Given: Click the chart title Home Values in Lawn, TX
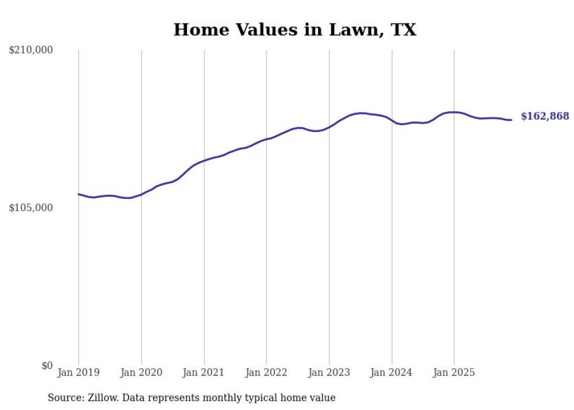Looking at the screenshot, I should click(x=295, y=30).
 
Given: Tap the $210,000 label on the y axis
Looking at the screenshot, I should click(x=31, y=50).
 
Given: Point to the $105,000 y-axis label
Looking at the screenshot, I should click(x=31, y=208).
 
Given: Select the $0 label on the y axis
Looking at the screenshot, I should click(x=47, y=366).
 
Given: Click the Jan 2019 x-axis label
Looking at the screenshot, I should click(x=78, y=372).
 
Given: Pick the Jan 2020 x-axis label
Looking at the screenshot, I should click(x=141, y=372).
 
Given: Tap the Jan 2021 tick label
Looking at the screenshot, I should click(x=204, y=372).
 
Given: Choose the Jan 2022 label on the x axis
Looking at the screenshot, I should click(x=266, y=372).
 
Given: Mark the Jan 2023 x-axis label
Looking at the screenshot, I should click(x=329, y=372).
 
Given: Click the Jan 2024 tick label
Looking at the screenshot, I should click(x=392, y=372).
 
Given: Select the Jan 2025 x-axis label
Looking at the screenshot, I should click(x=455, y=372).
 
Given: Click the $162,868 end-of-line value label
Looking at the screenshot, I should click(x=545, y=116).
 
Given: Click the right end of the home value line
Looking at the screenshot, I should click(x=512, y=120).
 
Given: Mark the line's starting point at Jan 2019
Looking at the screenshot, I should click(x=78, y=194).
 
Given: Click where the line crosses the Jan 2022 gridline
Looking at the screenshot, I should click(x=266, y=139).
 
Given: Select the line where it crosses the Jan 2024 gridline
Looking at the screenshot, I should click(x=392, y=121).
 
